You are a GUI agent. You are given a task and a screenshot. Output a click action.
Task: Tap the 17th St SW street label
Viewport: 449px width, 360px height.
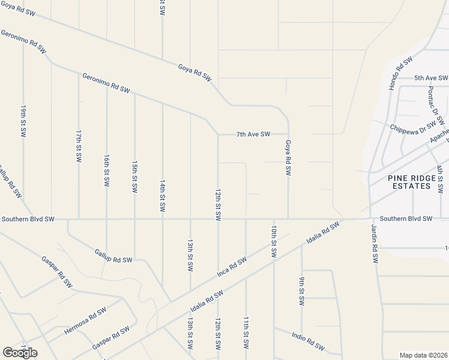pyautogui.click(x=79, y=146)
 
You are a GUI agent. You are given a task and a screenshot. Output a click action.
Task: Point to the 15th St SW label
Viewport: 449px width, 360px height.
pyautogui.click(x=134, y=176)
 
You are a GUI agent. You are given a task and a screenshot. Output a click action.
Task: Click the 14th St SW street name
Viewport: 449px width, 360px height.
pyautogui.click(x=162, y=195)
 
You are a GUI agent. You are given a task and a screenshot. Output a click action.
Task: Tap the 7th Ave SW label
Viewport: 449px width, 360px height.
pyautogui.click(x=253, y=134)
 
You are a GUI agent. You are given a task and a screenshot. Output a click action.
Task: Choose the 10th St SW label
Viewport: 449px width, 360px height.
pyautogui.click(x=274, y=242)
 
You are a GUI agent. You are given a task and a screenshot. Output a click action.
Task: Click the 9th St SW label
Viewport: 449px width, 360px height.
pyautogui.click(x=301, y=290)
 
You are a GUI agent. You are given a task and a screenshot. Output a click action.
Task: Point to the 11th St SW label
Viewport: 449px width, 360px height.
pyautogui.click(x=246, y=333)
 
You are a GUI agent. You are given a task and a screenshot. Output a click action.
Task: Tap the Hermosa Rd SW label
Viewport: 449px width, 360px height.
pyautogui.click(x=85, y=321)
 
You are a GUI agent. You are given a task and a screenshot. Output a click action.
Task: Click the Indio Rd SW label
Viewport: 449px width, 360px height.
pyautogui.click(x=308, y=341)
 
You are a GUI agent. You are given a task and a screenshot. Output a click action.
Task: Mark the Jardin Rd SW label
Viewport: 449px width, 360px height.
pyautogui.click(x=375, y=245)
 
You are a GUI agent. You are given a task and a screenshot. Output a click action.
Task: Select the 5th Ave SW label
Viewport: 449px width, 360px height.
pyautogui.click(x=431, y=78)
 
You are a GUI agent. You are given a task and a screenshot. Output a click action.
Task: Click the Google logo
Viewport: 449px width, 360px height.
pyautogui.click(x=20, y=353)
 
